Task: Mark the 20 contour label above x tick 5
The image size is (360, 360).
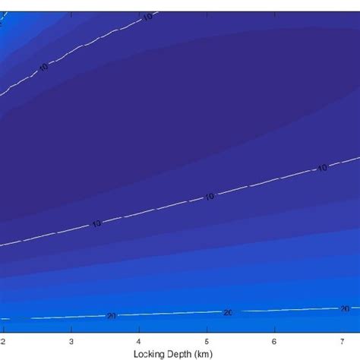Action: [x=228, y=311]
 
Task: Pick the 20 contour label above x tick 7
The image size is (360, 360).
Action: [x=344, y=308]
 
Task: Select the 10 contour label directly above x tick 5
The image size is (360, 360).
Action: [x=209, y=197]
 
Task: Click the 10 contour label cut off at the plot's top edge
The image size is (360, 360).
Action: [x=148, y=15]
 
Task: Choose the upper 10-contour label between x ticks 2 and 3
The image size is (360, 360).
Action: [x=43, y=68]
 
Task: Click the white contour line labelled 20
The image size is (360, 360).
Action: [x=167, y=314]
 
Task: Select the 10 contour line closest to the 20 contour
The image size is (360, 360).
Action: [x=152, y=210]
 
